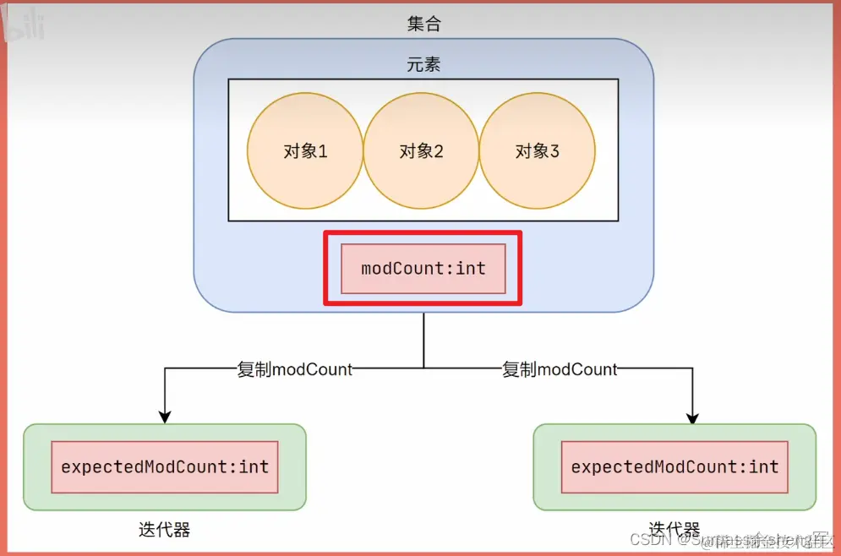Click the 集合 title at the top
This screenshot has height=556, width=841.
point(423,24)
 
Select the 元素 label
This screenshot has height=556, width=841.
point(423,65)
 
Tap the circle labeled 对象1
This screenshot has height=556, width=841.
point(305,151)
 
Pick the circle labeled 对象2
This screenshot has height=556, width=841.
point(422,151)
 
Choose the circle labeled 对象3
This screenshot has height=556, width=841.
point(538,151)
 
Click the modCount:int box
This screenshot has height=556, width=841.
point(423,269)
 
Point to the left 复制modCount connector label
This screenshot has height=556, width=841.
point(295,369)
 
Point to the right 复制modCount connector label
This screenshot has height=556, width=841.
point(560,369)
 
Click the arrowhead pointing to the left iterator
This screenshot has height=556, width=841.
point(165,416)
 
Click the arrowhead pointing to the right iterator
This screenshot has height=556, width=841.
point(693,417)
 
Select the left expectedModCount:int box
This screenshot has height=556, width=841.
point(165,466)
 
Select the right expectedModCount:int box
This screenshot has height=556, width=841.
point(674,466)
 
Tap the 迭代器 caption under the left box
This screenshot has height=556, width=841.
point(164,531)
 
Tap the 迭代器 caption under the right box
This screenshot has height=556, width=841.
point(674,530)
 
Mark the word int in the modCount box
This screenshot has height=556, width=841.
point(471,269)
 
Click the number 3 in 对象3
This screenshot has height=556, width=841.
point(554,152)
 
